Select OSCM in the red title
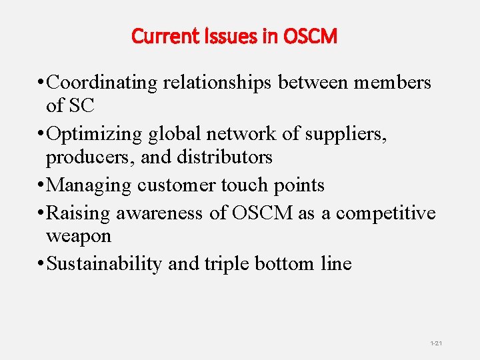click(x=309, y=36)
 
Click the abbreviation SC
click(x=85, y=106)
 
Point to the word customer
click(x=178, y=185)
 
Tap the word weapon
click(x=78, y=237)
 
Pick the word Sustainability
click(x=105, y=264)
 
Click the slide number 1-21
click(x=436, y=343)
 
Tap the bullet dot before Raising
click(x=41, y=213)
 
